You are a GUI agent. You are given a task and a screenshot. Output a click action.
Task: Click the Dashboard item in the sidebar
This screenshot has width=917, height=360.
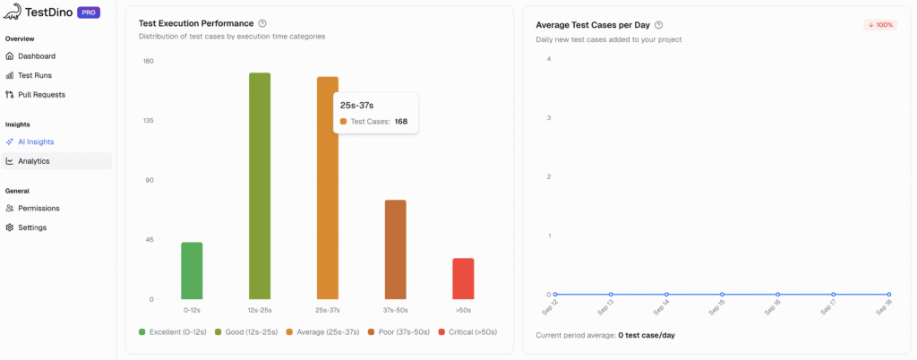[36, 56]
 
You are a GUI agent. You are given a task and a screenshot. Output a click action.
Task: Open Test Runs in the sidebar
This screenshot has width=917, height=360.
[36, 75]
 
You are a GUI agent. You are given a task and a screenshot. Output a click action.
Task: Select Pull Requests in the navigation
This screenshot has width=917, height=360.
[41, 94]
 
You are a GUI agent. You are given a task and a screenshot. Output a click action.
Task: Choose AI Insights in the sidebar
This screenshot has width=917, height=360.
[36, 141]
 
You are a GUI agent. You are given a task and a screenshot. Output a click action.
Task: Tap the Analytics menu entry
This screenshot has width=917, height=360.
[34, 161]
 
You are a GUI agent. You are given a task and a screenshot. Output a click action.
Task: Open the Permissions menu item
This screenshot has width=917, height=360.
[39, 208]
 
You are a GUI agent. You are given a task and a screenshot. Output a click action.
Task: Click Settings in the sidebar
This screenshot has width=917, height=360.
[32, 227]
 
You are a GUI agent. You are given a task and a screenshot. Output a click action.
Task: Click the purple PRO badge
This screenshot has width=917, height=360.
[89, 13]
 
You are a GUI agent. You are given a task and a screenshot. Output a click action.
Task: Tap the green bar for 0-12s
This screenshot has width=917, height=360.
[192, 270]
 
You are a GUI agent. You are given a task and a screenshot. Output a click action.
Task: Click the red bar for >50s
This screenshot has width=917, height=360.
[463, 279]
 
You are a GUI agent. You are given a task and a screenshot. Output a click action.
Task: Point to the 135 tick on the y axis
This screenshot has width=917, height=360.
[149, 121]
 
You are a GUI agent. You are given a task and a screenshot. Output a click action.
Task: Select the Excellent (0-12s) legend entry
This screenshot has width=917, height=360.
[173, 332]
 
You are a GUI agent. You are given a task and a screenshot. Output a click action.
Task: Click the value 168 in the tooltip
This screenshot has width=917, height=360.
[401, 121]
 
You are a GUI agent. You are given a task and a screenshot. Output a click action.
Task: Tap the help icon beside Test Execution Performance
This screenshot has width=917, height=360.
[261, 23]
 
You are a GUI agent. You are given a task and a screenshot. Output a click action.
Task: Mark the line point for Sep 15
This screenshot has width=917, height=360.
[722, 294]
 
